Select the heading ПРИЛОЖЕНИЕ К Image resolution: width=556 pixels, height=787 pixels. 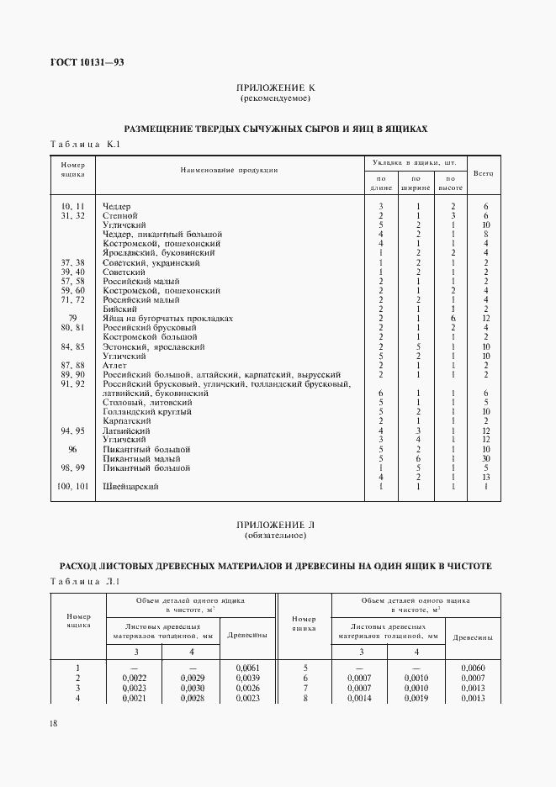(275, 87)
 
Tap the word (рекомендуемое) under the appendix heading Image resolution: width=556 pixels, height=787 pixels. (275, 98)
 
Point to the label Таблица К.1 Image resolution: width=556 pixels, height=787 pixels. (87, 145)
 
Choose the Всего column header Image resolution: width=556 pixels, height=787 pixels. (483, 172)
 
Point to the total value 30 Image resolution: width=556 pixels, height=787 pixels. (486, 458)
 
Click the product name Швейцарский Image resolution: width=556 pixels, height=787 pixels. (130, 486)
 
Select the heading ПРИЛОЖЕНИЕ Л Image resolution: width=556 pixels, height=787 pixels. (276, 524)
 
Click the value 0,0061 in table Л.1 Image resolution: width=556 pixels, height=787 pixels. (248, 667)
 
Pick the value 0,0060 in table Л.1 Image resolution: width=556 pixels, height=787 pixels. (473, 667)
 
